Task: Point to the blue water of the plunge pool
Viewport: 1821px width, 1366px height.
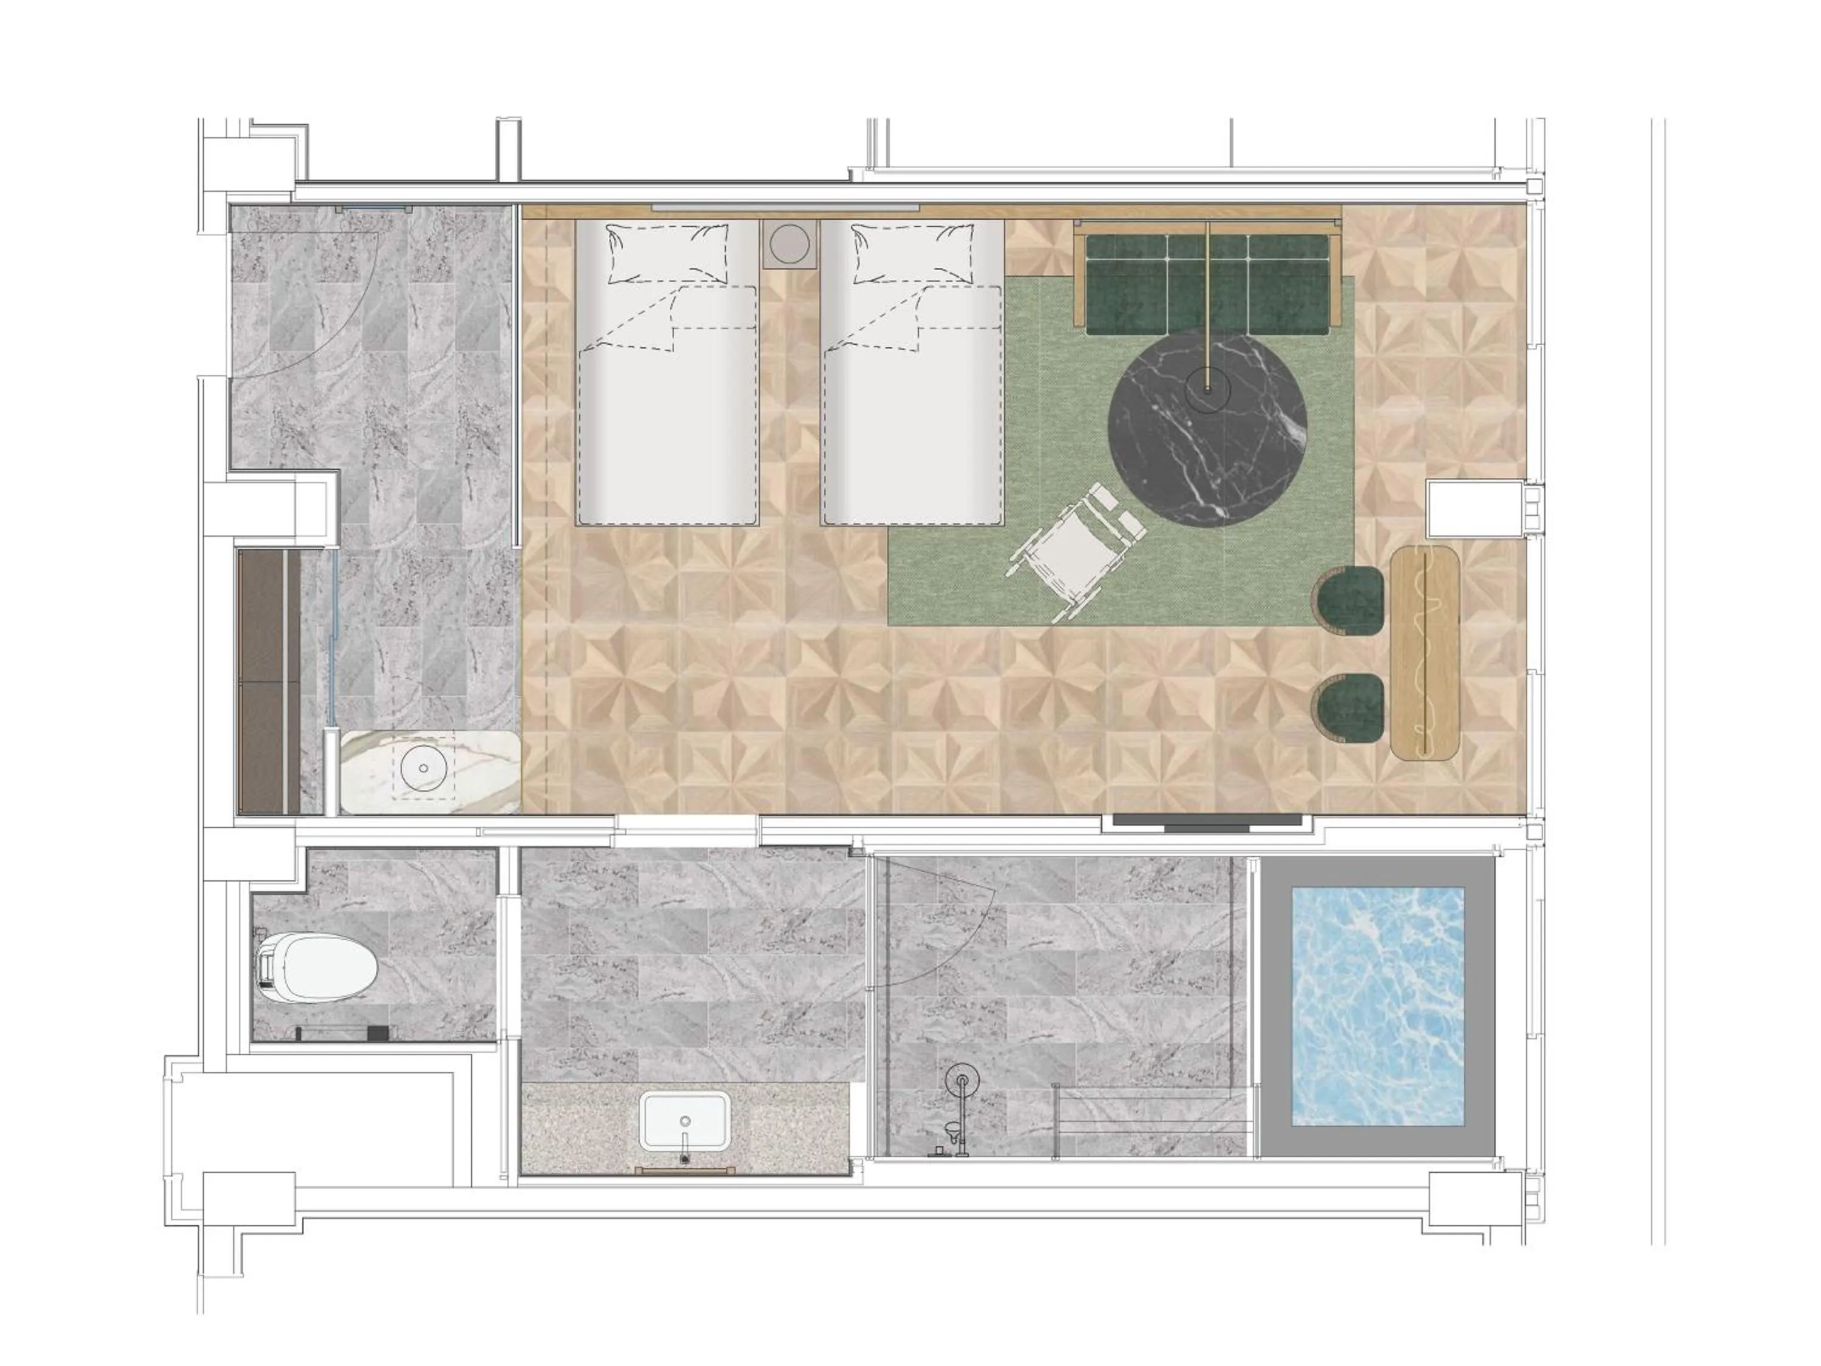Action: [x=1377, y=1006]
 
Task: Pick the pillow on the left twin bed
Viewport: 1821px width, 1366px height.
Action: [x=668, y=254]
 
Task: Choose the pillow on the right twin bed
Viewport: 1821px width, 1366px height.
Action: [x=914, y=254]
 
